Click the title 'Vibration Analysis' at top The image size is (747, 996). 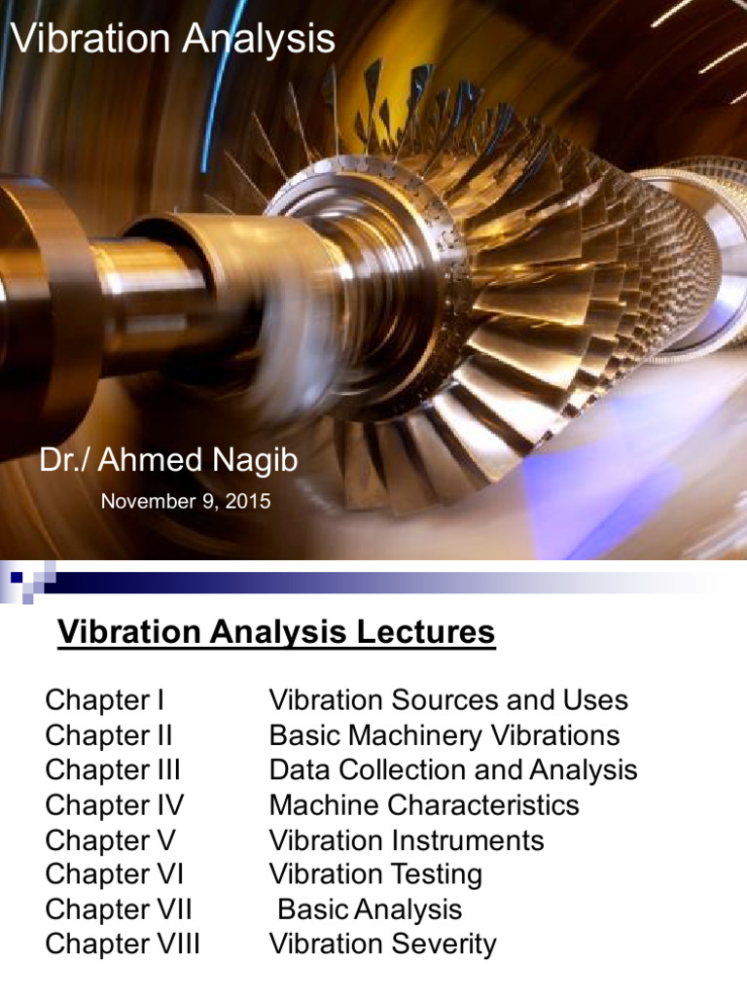tap(172, 40)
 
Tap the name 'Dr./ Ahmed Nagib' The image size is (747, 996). tap(167, 461)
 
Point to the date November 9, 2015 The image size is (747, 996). tap(186, 502)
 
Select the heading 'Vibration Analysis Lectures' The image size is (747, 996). tap(276, 633)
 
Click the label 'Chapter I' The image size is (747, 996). tap(105, 700)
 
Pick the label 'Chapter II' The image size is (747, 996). tap(109, 735)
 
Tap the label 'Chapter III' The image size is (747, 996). tap(113, 770)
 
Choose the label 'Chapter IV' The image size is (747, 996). tap(114, 805)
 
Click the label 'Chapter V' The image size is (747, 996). tap(110, 840)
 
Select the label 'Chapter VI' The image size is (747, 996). tap(114, 874)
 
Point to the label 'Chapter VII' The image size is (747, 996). tap(119, 909)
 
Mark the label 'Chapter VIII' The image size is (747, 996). tap(123, 944)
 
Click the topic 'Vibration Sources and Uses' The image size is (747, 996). tap(448, 700)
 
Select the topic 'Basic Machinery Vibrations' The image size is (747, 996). tap(444, 735)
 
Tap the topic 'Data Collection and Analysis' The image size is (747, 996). tap(453, 770)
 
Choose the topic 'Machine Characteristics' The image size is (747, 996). tap(424, 805)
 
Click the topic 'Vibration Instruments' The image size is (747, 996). tap(407, 840)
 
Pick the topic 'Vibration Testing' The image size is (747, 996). tap(375, 874)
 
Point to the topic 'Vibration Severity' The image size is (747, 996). tap(382, 944)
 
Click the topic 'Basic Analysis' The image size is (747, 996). tap(370, 909)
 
